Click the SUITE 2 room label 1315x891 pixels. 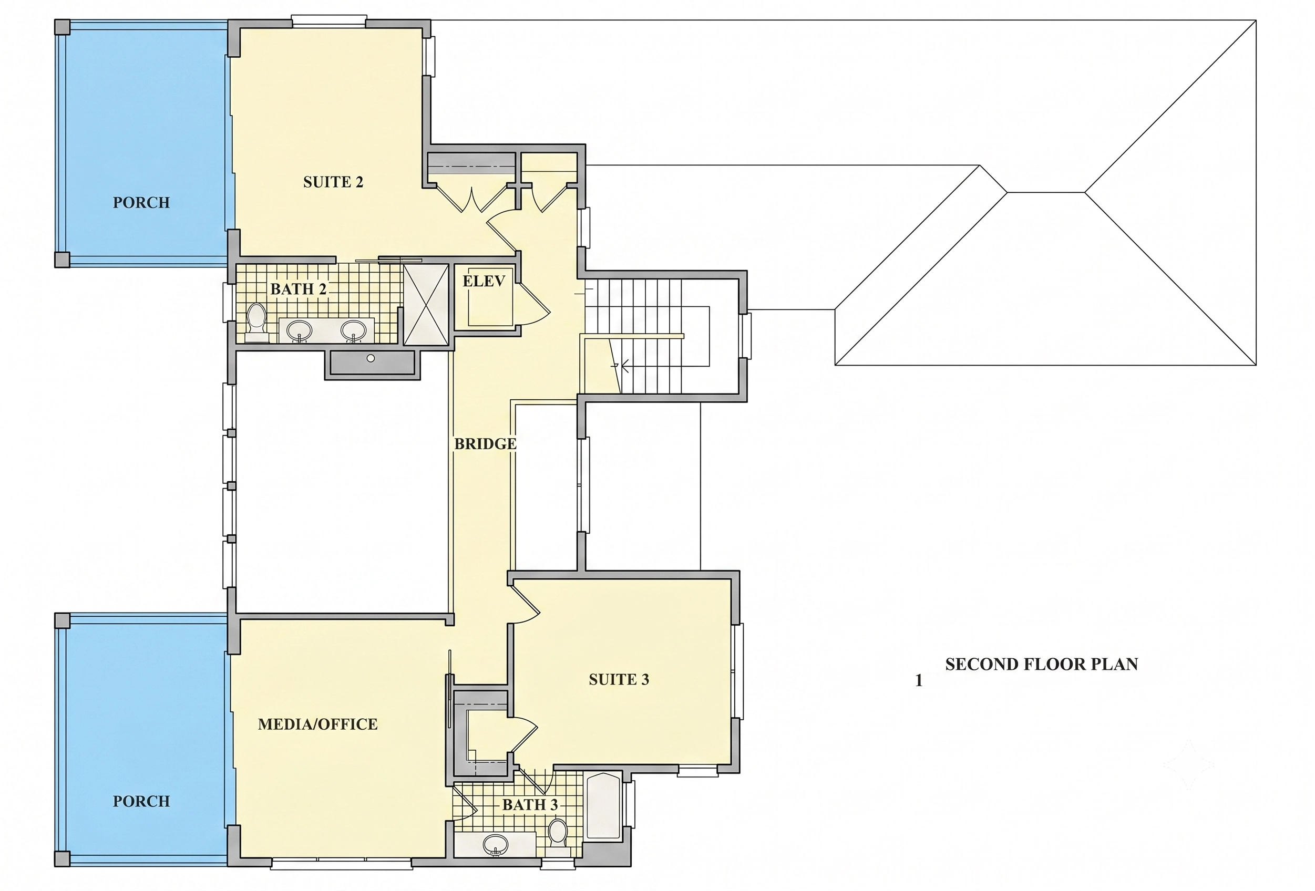pyautogui.click(x=333, y=182)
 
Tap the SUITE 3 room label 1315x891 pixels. pyautogui.click(x=619, y=679)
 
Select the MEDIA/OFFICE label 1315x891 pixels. pyautogui.click(x=317, y=724)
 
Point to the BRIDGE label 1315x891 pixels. pyautogui.click(x=486, y=444)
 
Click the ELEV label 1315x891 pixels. pyautogui.click(x=484, y=281)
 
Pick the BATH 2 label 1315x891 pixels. pyautogui.click(x=298, y=289)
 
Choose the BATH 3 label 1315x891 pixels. pyautogui.click(x=530, y=804)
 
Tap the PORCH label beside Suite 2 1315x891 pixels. pyautogui.click(x=141, y=203)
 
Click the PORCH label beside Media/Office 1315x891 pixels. pyautogui.click(x=141, y=801)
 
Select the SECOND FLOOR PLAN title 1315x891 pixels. pyautogui.click(x=1041, y=664)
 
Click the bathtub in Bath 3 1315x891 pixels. pyautogui.click(x=604, y=805)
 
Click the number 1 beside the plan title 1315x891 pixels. pyautogui.click(x=919, y=680)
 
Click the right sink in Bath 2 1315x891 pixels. pyautogui.click(x=354, y=330)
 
